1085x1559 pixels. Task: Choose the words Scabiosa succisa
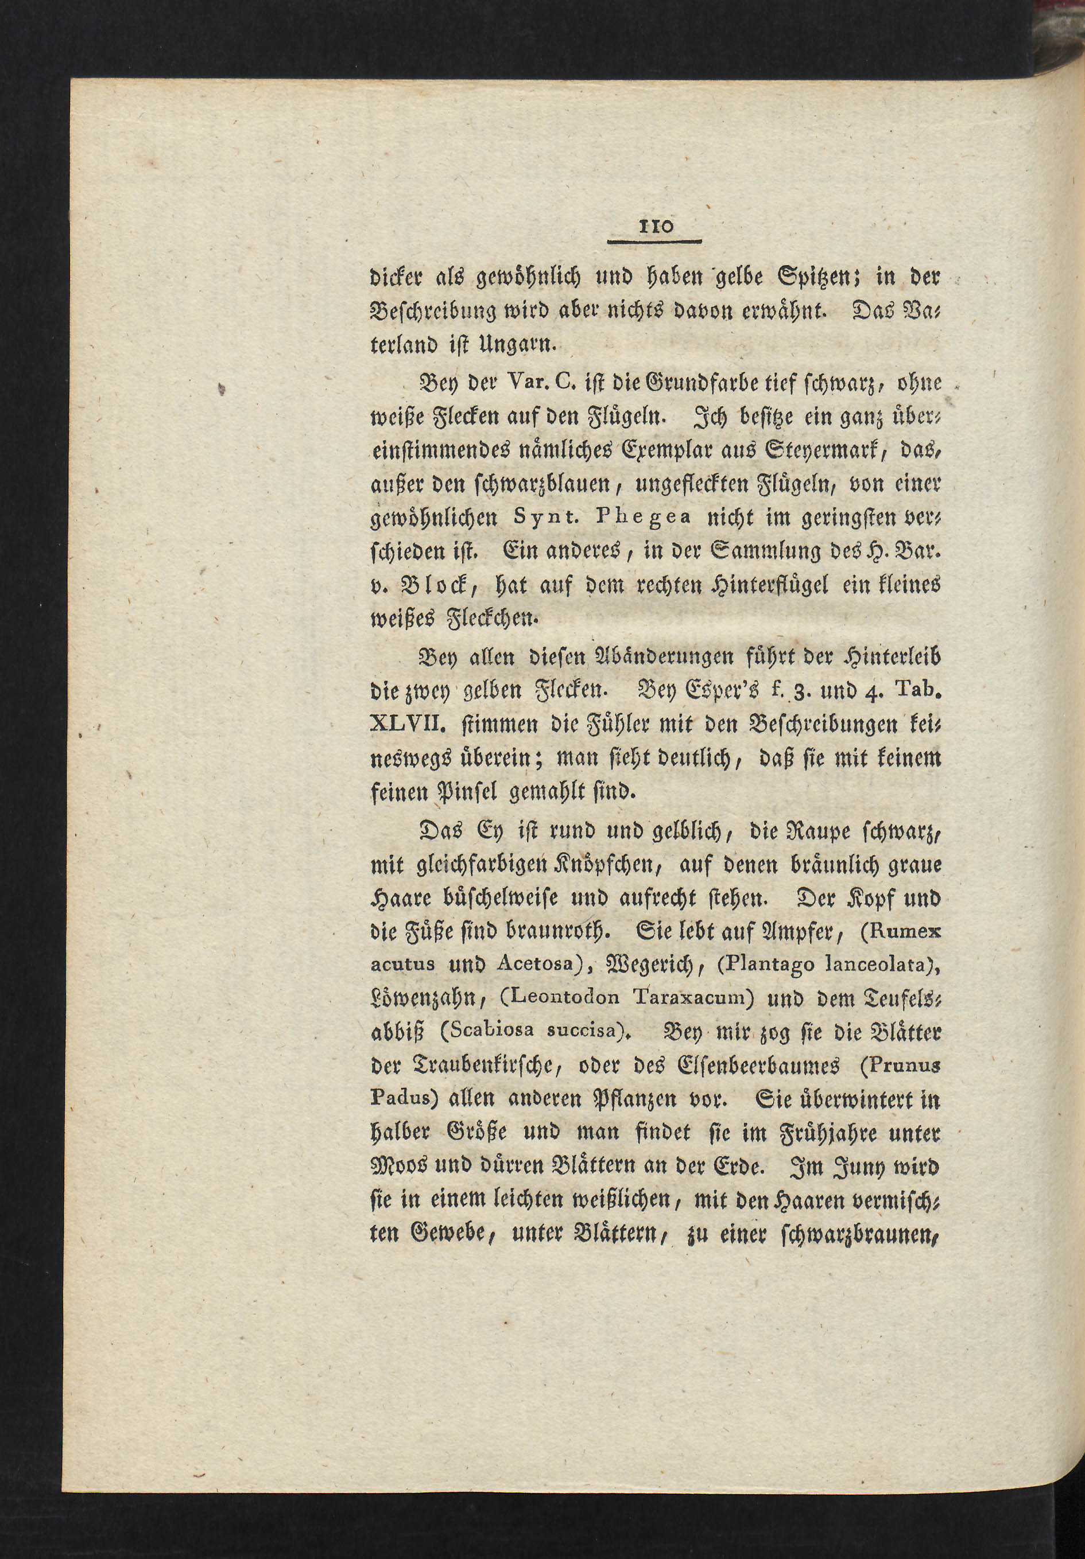(x=534, y=1032)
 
